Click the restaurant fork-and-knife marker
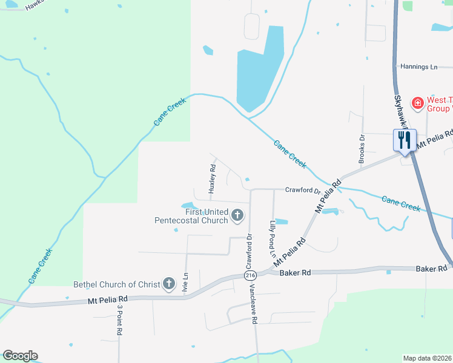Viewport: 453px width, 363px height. click(x=403, y=140)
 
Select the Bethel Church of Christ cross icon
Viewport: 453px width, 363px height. click(x=168, y=284)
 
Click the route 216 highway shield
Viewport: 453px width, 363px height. click(x=250, y=275)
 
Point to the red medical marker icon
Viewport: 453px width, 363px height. click(x=417, y=104)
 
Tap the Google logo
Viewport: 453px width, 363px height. click(x=19, y=356)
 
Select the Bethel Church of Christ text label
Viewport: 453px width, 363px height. click(x=116, y=284)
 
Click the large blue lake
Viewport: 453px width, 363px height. click(x=259, y=73)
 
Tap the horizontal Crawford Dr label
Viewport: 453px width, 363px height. click(x=302, y=190)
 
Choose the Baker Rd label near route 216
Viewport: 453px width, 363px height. click(x=296, y=273)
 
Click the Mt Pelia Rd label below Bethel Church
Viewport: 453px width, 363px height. click(x=108, y=299)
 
